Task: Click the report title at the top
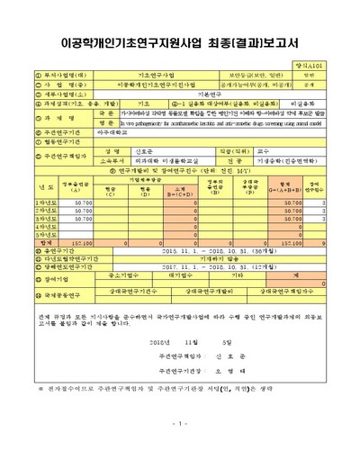click(x=180, y=41)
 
